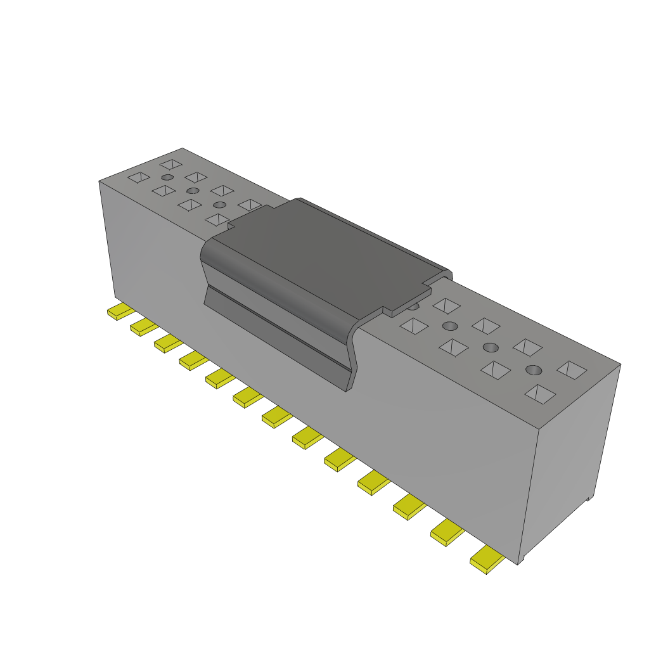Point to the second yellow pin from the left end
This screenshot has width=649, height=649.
pos(143,327)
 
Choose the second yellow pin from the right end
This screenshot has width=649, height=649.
pos(447,532)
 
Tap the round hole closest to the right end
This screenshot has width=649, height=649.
pos(534,369)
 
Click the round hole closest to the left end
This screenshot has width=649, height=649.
pos(167,177)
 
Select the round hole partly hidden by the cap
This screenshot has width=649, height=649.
pos(413,306)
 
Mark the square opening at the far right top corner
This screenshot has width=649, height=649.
pos(572,369)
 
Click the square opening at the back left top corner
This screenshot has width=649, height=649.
pos(171,164)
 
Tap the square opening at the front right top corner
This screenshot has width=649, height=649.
pos(540,394)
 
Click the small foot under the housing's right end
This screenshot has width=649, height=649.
pos(589,498)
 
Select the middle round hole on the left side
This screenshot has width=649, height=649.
pos(193,190)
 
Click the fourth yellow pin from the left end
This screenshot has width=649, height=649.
pos(193,361)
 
